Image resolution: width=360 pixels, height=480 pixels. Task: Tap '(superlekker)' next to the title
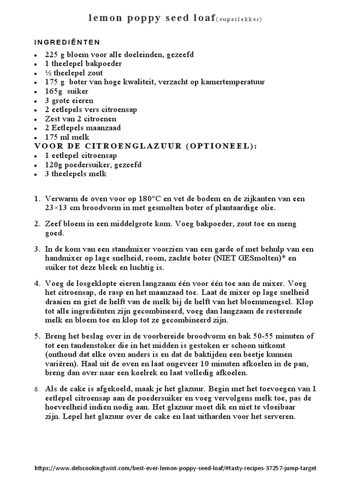coord(239,19)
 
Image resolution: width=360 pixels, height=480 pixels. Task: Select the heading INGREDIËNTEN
coord(67,42)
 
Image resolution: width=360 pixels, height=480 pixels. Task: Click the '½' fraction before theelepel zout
coord(48,73)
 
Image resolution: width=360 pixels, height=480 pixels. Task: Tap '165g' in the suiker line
coord(54,91)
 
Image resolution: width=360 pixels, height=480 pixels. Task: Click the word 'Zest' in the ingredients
coord(53,119)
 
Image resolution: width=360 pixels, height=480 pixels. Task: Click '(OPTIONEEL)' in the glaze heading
coord(221,146)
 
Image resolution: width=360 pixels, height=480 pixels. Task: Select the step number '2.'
coord(37,224)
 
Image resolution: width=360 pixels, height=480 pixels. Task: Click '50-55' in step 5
coord(247,337)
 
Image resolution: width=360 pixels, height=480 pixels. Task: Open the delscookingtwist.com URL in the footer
coord(179,468)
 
